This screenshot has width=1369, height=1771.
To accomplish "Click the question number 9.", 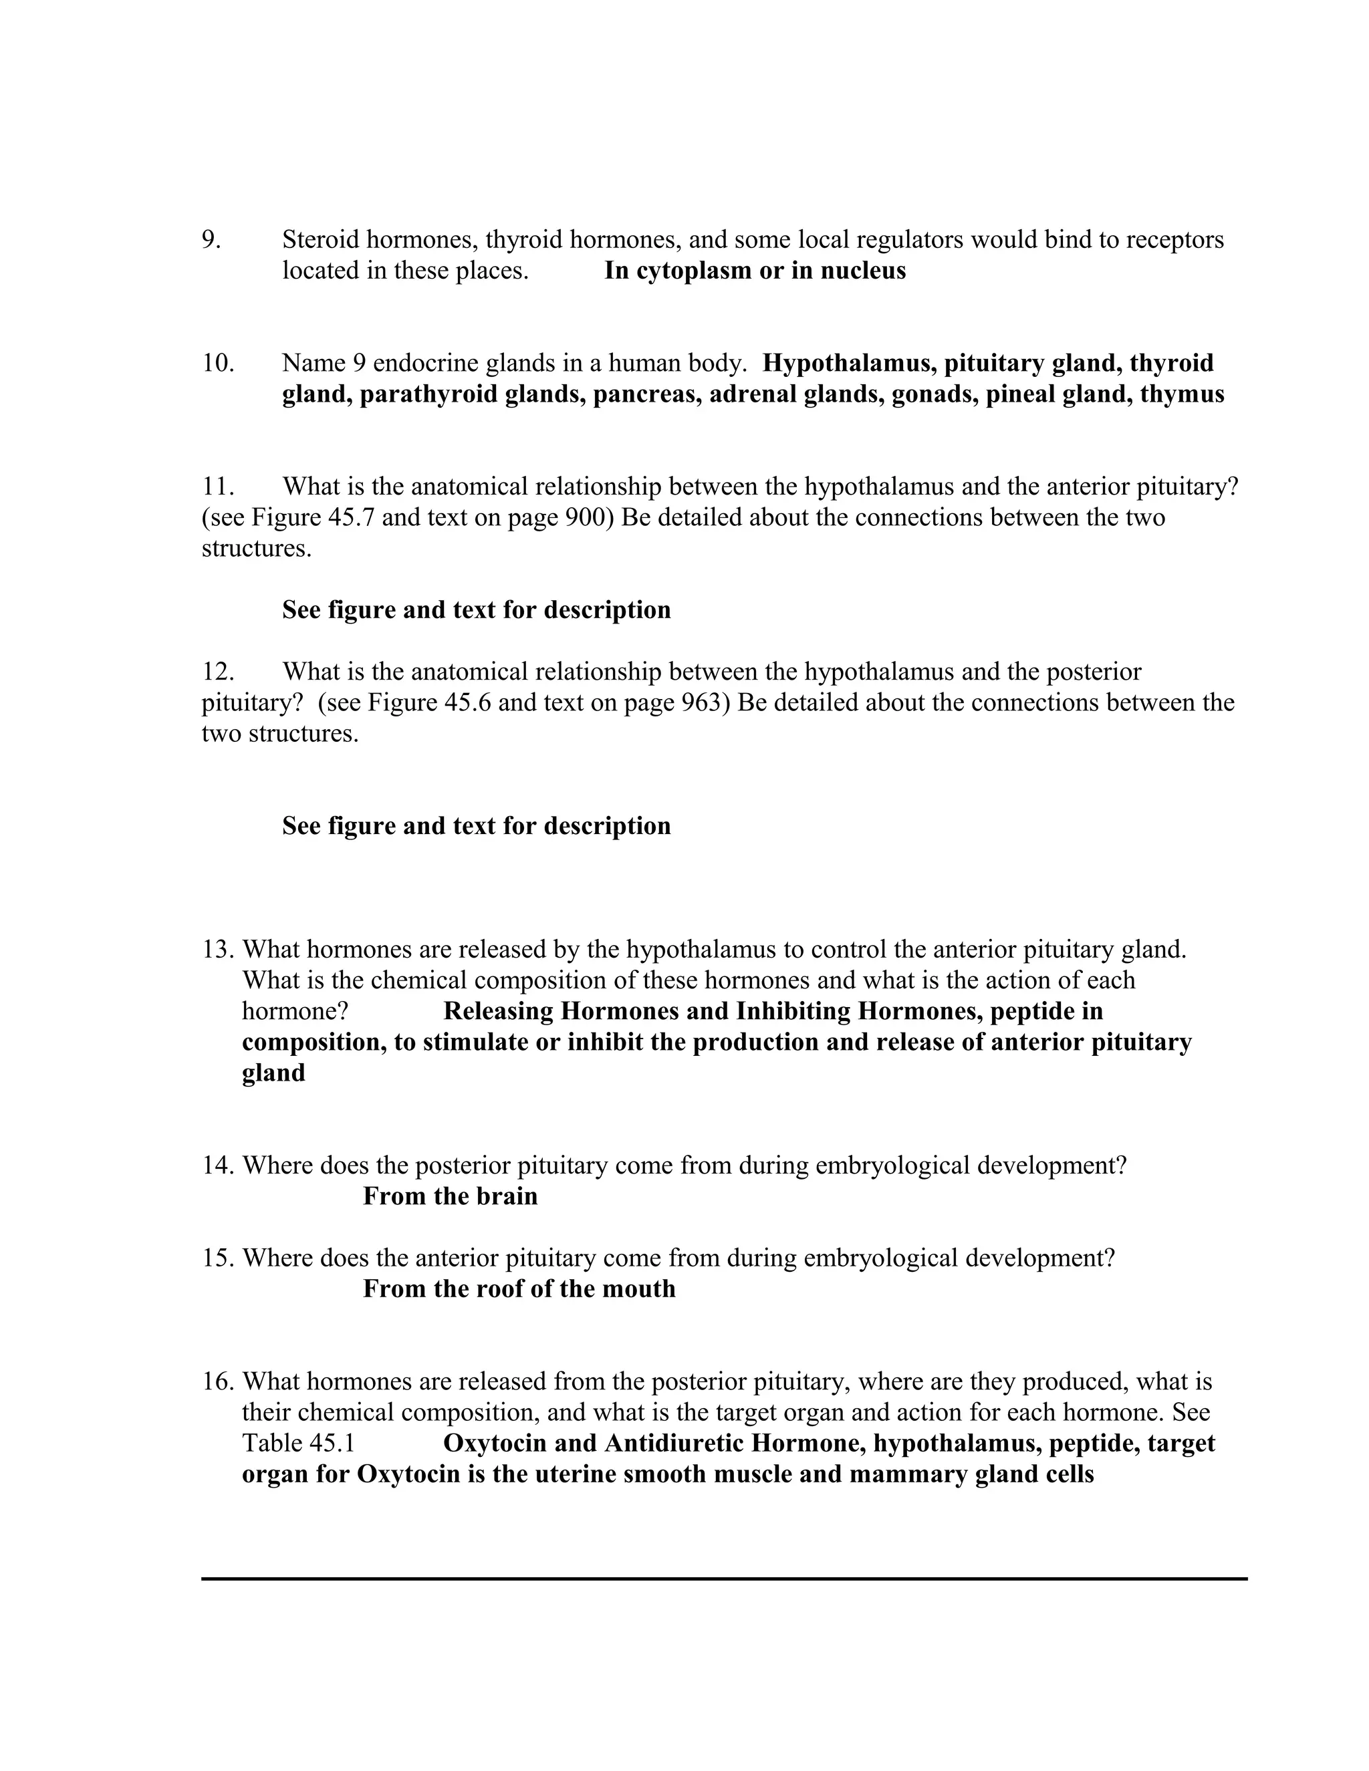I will [x=211, y=240].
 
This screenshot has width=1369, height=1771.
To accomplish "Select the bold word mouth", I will [x=638, y=1289].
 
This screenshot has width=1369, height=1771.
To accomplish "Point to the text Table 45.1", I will [x=298, y=1444].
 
